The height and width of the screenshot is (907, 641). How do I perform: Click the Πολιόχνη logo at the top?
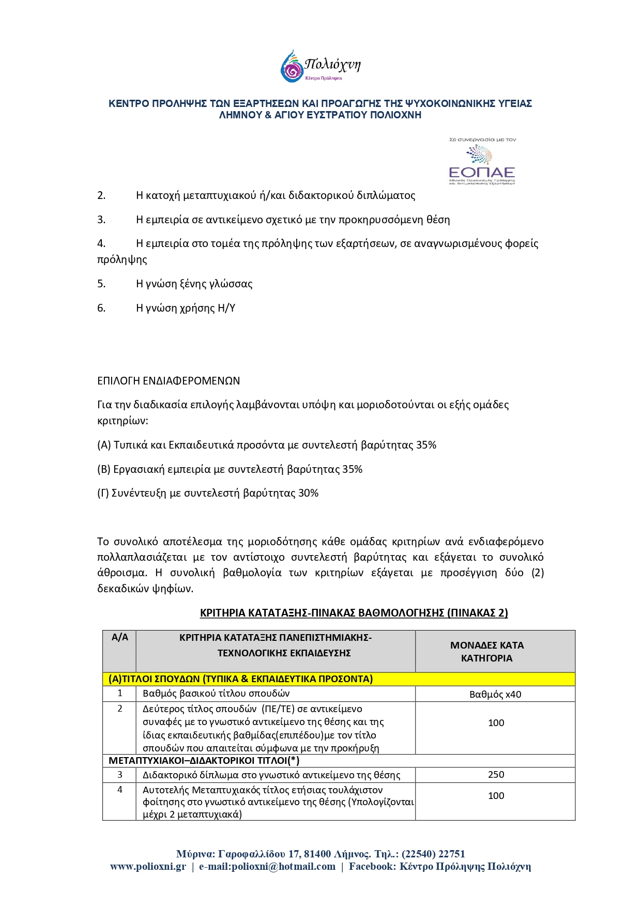[x=320, y=66]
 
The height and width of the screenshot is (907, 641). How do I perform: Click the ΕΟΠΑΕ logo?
[x=482, y=162]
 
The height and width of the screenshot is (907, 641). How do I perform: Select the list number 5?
[x=101, y=284]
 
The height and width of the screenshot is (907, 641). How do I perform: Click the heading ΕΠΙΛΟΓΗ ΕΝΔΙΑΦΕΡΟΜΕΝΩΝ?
[x=169, y=381]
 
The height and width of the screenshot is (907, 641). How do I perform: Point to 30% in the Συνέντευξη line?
[x=308, y=493]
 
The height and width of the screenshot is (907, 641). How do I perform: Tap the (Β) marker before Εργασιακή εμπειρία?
[x=104, y=469]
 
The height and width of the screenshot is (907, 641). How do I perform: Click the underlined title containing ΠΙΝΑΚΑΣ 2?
[x=354, y=613]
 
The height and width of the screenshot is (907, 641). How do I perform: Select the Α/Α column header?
[x=119, y=638]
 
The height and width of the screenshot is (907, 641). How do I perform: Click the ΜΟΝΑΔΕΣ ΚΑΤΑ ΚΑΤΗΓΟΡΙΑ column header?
[x=486, y=652]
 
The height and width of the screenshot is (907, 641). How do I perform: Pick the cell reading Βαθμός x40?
[x=495, y=695]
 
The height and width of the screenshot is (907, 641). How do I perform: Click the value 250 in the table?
[x=496, y=775]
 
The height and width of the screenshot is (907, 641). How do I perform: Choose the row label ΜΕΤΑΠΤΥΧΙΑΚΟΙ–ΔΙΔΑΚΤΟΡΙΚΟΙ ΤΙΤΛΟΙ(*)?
[x=204, y=761]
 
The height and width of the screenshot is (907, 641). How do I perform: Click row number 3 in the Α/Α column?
[x=119, y=775]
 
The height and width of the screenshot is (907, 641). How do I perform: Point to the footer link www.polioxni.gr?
[x=148, y=867]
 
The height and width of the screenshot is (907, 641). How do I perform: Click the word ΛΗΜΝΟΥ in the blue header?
[x=240, y=115]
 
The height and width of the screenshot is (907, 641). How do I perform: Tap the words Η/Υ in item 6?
[x=226, y=308]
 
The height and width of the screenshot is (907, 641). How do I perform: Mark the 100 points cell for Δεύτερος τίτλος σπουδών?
[x=496, y=723]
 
